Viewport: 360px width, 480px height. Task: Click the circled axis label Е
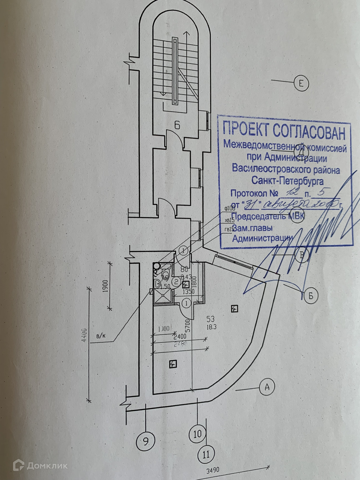coord(301,84)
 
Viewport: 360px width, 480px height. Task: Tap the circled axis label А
coord(266,387)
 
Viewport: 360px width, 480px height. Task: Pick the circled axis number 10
coord(197,434)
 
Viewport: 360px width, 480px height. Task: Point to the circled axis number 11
coord(206,454)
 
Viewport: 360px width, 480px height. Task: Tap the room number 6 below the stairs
coord(177,126)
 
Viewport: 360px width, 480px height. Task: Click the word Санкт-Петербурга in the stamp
coord(287,181)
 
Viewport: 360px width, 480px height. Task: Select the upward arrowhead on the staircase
coord(186,33)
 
